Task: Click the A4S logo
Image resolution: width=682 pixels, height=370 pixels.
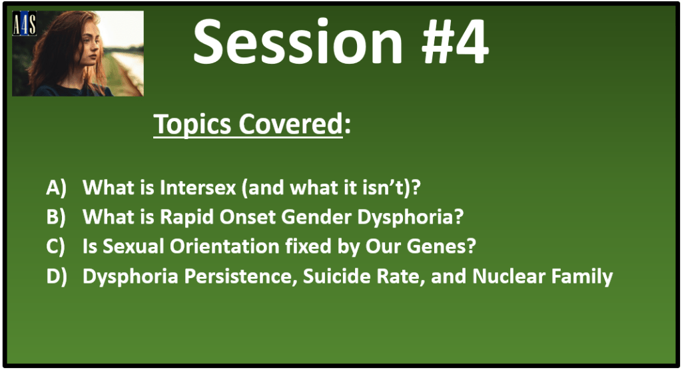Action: click(x=25, y=23)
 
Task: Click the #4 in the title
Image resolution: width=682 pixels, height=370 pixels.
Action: click(x=455, y=43)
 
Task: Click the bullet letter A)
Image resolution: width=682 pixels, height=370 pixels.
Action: click(x=57, y=188)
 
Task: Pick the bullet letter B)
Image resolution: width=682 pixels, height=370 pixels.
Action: click(x=56, y=217)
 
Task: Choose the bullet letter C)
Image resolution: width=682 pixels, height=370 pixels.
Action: click(x=56, y=246)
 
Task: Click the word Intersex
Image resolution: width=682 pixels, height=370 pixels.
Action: click(x=198, y=188)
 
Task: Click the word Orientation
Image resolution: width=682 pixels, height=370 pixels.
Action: click(x=224, y=246)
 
